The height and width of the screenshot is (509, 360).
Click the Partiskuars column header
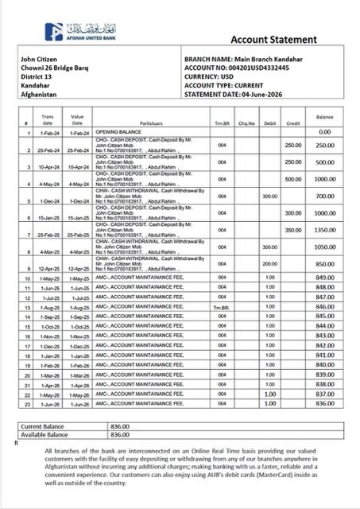136,124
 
